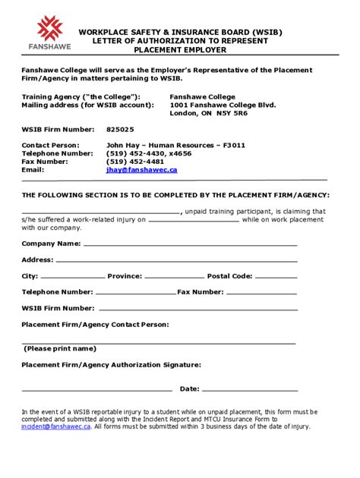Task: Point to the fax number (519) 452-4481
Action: click(135, 161)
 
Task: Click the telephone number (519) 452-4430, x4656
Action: click(149, 153)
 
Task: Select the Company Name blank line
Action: click(190, 245)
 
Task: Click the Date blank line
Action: click(251, 390)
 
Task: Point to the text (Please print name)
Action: click(60, 348)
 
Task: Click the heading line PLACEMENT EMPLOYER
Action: click(180, 49)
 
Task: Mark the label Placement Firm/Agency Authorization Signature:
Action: click(111, 364)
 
